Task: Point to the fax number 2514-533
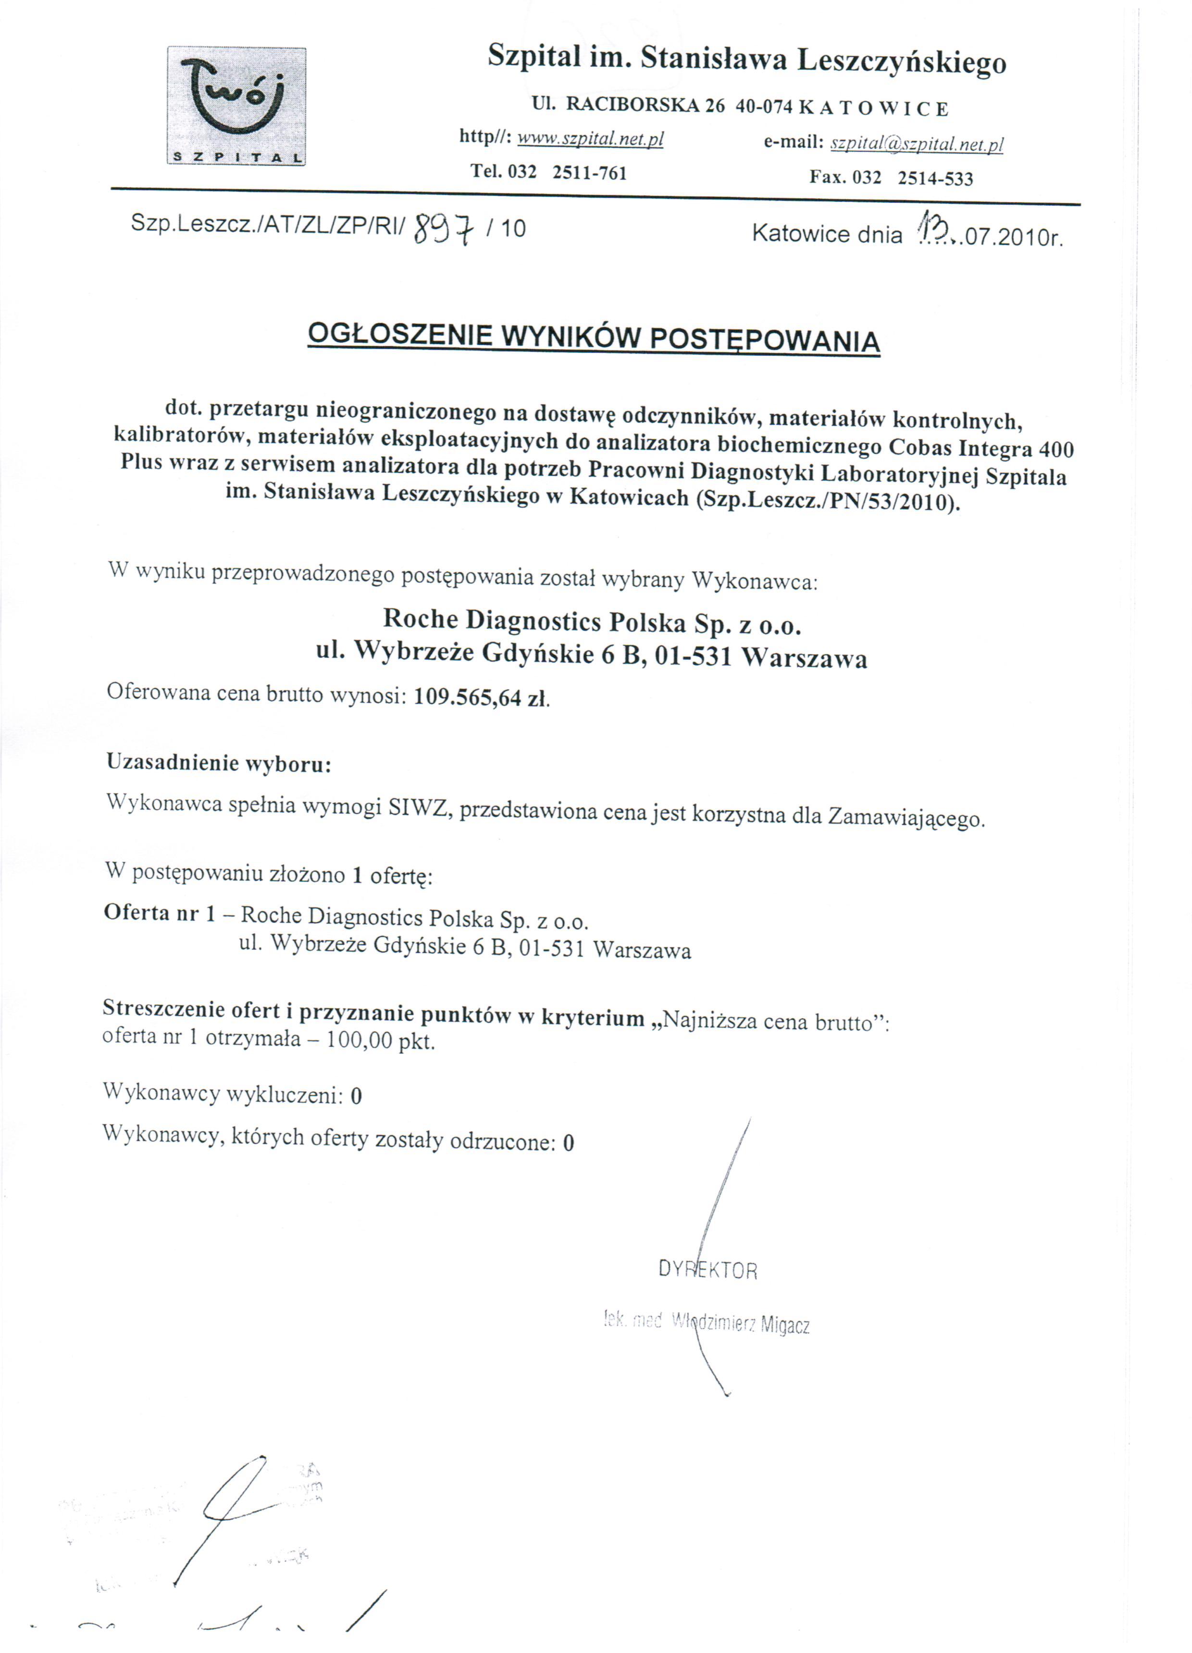pyautogui.click(x=935, y=178)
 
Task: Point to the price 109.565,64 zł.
pyautogui.click(x=481, y=697)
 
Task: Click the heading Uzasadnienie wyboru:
pyautogui.click(x=219, y=763)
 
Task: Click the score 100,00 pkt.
pyautogui.click(x=380, y=1040)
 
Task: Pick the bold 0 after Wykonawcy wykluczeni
pyautogui.click(x=356, y=1096)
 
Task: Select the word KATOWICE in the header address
pyautogui.click(x=874, y=109)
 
